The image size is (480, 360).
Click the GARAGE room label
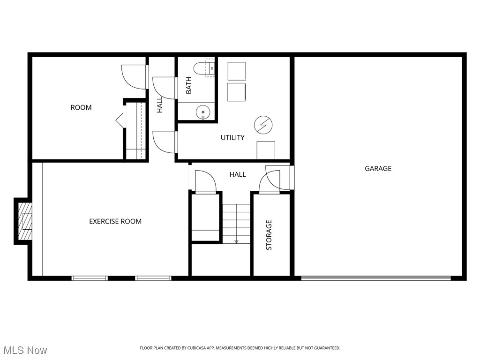pyautogui.click(x=378, y=169)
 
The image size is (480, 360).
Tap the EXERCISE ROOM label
pyautogui.click(x=115, y=221)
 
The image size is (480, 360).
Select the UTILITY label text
pyautogui.click(x=232, y=138)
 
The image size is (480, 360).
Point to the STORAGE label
pyautogui.click(x=269, y=235)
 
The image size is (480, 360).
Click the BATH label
pyautogui.click(x=189, y=85)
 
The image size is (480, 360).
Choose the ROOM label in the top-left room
pyautogui.click(x=81, y=108)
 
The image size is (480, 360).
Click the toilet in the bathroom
pyautogui.click(x=205, y=68)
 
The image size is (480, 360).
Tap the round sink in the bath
pyautogui.click(x=202, y=112)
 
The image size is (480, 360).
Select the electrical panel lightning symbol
pyautogui.click(x=262, y=125)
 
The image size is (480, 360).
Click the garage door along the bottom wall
pyautogui.click(x=375, y=278)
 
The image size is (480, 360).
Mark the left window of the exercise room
pyautogui.click(x=90, y=278)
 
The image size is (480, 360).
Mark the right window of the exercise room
pyautogui.click(x=153, y=278)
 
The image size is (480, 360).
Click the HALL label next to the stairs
pyautogui.click(x=238, y=174)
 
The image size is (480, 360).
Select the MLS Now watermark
pyautogui.click(x=25, y=350)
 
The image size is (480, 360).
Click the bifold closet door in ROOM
pyautogui.click(x=120, y=120)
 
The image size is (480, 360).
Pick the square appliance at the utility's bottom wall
pyautogui.click(x=266, y=150)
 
